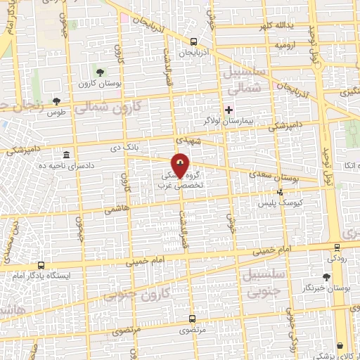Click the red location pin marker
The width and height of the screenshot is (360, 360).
pos(181,166)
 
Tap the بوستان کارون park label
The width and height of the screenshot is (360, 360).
pos(99,83)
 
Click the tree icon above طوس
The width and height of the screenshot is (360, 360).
pos(56,101)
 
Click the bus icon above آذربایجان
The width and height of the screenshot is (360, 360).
pos(194,41)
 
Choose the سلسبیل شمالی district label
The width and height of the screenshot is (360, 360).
pos(245,81)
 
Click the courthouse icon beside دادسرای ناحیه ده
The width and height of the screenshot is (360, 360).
pos(66,155)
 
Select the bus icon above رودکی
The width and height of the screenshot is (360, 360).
pos(337,247)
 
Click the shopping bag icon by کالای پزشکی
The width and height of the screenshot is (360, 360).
pos(340,346)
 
